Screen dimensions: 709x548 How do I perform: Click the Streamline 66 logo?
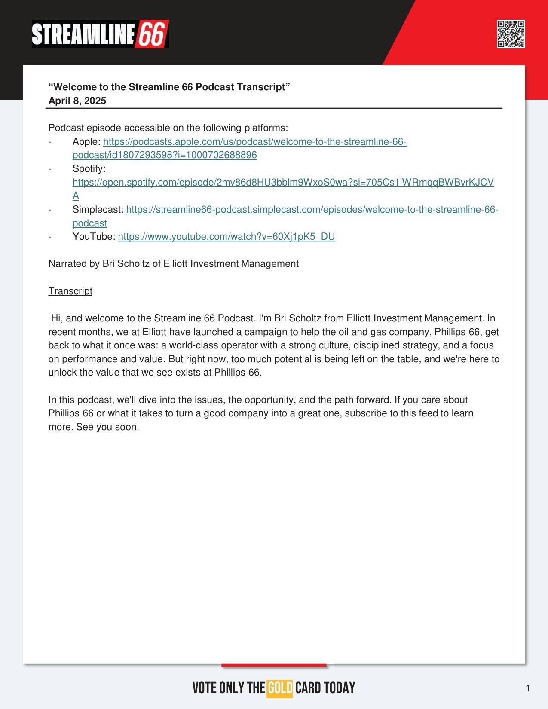tap(100, 34)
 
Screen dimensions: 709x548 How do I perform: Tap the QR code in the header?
tap(511, 34)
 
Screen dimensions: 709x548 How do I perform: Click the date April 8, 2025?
tap(77, 101)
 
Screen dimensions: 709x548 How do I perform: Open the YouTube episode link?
tap(226, 237)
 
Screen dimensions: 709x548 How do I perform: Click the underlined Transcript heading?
tap(70, 291)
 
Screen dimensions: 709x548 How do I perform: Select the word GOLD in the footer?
tap(280, 688)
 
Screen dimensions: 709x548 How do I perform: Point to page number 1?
tap(528, 688)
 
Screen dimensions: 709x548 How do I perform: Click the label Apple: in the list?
tap(86, 142)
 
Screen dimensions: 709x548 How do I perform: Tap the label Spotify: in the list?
tap(89, 169)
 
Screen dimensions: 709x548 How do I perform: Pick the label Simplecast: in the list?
tap(98, 210)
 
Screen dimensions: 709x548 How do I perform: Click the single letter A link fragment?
tap(76, 196)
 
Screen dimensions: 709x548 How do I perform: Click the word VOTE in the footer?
tap(205, 688)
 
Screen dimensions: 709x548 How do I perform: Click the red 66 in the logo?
tap(152, 34)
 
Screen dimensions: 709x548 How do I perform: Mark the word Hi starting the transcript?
tap(56, 318)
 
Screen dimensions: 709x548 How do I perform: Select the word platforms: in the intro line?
tap(266, 128)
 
